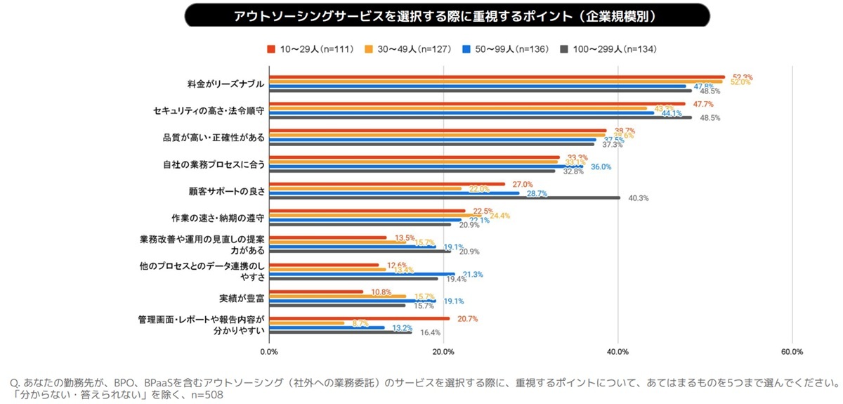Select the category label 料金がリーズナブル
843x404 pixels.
click(226, 84)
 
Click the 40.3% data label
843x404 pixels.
click(638, 198)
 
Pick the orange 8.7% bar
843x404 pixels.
click(307, 323)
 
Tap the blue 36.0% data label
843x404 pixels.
click(601, 167)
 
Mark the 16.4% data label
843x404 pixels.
click(430, 332)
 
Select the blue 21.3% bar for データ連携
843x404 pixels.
click(362, 274)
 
